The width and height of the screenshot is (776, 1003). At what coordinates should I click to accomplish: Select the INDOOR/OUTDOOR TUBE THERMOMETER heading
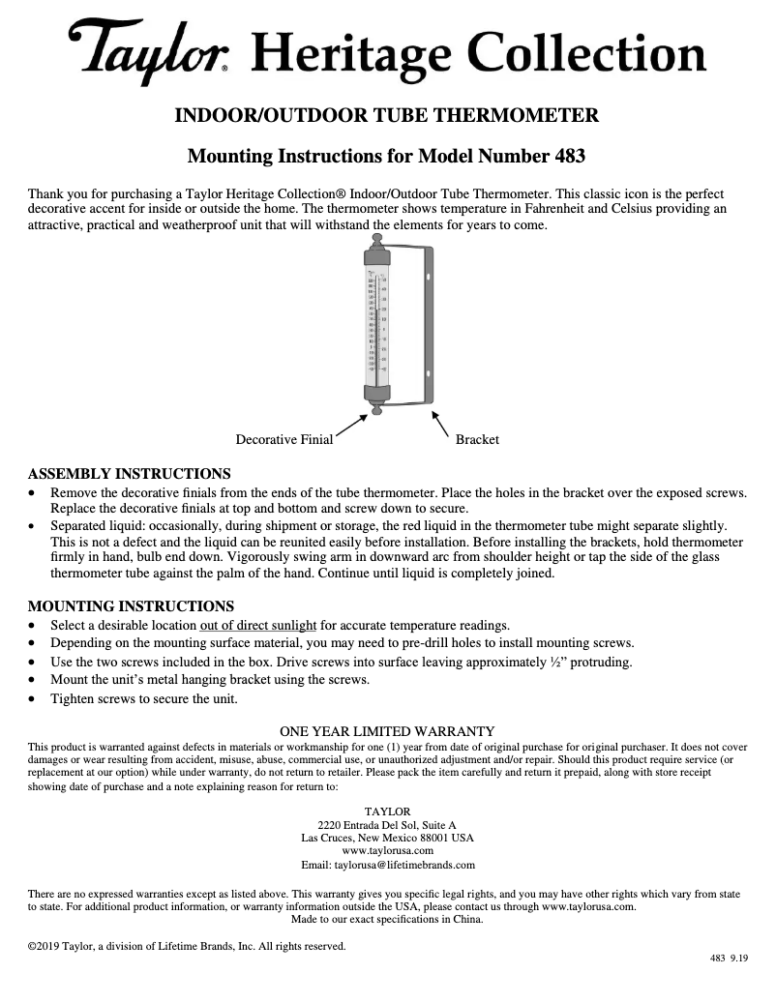[x=386, y=117]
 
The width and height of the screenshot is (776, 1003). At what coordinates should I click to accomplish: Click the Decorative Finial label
[x=284, y=439]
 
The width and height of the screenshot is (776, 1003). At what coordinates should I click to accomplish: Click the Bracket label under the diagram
[x=477, y=439]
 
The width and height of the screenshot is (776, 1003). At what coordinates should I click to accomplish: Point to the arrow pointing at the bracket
[x=440, y=423]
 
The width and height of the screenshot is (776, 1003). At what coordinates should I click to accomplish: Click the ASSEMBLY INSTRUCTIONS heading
[x=130, y=474]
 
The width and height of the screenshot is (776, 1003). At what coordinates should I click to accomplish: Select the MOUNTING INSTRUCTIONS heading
[x=131, y=606]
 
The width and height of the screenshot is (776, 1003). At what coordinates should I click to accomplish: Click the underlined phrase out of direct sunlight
[x=258, y=625]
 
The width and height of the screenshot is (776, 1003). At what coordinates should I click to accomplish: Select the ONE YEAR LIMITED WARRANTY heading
[x=387, y=731]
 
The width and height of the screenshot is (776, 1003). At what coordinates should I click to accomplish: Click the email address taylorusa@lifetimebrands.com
[x=403, y=864]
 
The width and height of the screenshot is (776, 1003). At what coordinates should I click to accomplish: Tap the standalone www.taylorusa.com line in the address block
[x=387, y=850]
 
